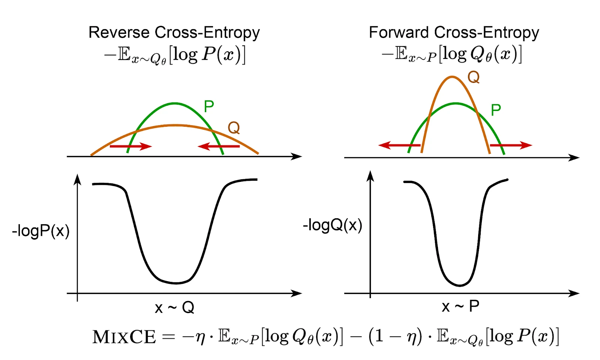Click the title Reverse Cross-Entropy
click(x=174, y=33)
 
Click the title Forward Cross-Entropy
click(x=454, y=33)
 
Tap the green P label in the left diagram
click(x=209, y=106)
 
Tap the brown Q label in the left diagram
click(x=234, y=128)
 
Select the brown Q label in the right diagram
click(x=473, y=78)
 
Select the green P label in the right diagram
click(x=496, y=110)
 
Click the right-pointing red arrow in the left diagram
click(x=130, y=146)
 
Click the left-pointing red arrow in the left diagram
click(x=219, y=146)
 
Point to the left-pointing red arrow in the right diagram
click(x=399, y=145)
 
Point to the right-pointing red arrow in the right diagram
click(x=511, y=145)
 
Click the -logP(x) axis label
click(x=41, y=231)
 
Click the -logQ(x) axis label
click(x=333, y=225)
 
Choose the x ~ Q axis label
click(x=174, y=308)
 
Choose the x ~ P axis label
click(x=460, y=307)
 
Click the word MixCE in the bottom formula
click(x=124, y=337)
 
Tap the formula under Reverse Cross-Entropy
click(x=175, y=55)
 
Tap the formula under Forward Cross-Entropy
click(x=451, y=54)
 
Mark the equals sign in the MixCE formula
click(x=168, y=337)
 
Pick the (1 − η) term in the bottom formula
click(x=395, y=336)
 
